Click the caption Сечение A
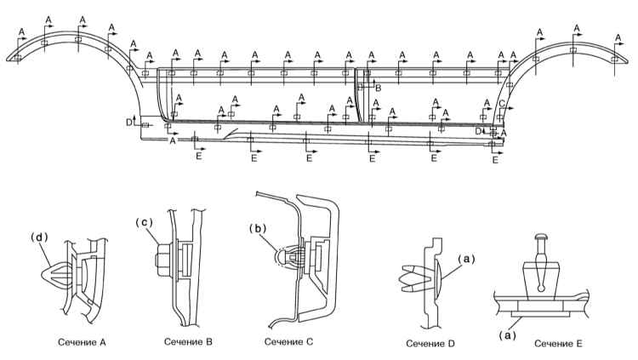pyautogui.click(x=82, y=342)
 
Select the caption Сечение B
pyautogui.click(x=188, y=341)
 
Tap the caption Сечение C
pyautogui.click(x=289, y=341)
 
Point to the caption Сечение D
pyautogui.click(x=430, y=344)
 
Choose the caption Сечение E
pyautogui.click(x=558, y=344)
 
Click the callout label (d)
pyautogui.click(x=39, y=237)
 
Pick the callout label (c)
pyautogui.click(x=144, y=222)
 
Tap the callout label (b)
pyautogui.click(x=258, y=228)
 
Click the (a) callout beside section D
pyautogui.click(x=466, y=259)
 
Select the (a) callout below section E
pyautogui.click(x=507, y=334)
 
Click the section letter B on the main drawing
pyautogui.click(x=378, y=88)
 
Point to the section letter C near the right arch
pyautogui.click(x=502, y=104)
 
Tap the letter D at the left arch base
pyautogui.click(x=129, y=122)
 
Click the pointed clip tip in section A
pyautogui.click(x=43, y=275)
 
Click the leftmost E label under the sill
pyautogui.click(x=198, y=157)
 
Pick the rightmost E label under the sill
pyautogui.click(x=495, y=160)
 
